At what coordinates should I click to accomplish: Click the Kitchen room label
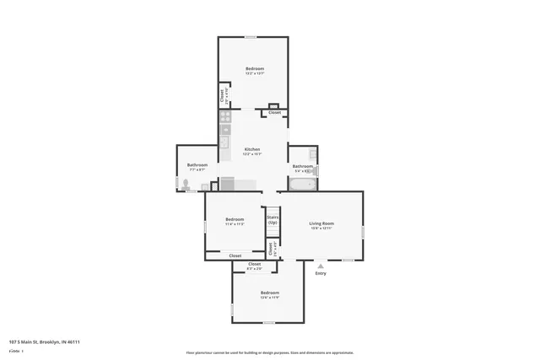click(252, 149)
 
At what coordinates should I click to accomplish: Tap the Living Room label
click(321, 223)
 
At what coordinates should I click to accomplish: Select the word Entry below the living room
click(321, 273)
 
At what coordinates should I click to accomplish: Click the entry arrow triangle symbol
click(321, 266)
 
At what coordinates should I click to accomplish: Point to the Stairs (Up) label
click(273, 219)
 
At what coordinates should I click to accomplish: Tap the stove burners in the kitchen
click(225, 121)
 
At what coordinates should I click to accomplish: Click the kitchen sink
click(225, 142)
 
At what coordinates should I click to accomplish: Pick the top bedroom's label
click(255, 68)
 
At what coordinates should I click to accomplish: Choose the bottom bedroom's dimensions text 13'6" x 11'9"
click(268, 298)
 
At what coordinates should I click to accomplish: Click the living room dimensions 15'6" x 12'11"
click(321, 228)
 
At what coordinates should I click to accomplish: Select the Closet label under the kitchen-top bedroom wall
click(275, 112)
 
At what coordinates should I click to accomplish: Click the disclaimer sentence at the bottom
click(270, 352)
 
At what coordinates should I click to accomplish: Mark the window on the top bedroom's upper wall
click(251, 36)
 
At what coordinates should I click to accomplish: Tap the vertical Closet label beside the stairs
click(271, 249)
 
